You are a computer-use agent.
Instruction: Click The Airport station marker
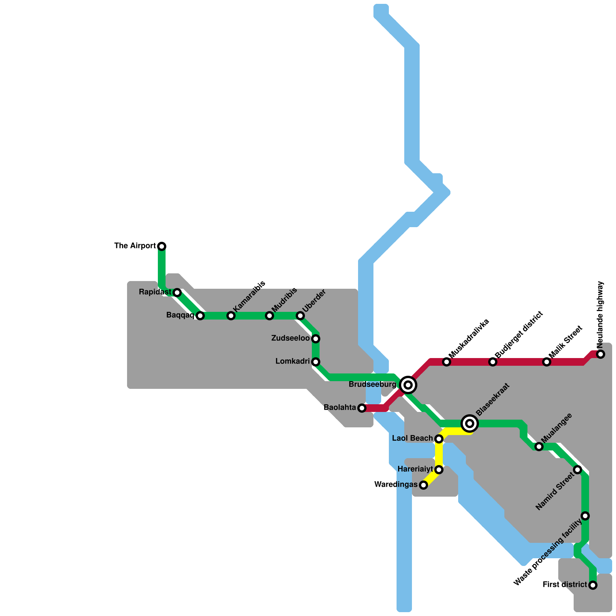[162, 246]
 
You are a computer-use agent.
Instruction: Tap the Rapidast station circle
[177, 293]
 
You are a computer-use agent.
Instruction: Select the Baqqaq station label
[180, 315]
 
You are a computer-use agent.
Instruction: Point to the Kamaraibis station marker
[231, 316]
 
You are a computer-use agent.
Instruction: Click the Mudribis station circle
[269, 316]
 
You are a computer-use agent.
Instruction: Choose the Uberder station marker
[300, 316]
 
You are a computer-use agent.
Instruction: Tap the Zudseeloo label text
[290, 338]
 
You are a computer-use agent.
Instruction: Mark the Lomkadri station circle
[316, 362]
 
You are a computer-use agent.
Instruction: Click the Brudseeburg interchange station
[408, 385]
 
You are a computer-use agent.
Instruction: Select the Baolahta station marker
[362, 408]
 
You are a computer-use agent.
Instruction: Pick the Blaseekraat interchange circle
[470, 423]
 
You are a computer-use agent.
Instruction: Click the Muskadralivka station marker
[447, 362]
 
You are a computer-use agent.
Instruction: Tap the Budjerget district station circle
[493, 362]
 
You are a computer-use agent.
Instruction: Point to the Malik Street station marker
[547, 362]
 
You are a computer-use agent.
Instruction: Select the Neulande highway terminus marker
[601, 354]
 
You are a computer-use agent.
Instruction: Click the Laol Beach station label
[412, 439]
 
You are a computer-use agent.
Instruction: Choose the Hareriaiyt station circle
[439, 470]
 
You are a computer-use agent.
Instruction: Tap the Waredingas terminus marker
[423, 485]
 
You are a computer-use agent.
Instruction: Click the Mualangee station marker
[539, 447]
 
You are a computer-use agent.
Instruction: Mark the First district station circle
[593, 585]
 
